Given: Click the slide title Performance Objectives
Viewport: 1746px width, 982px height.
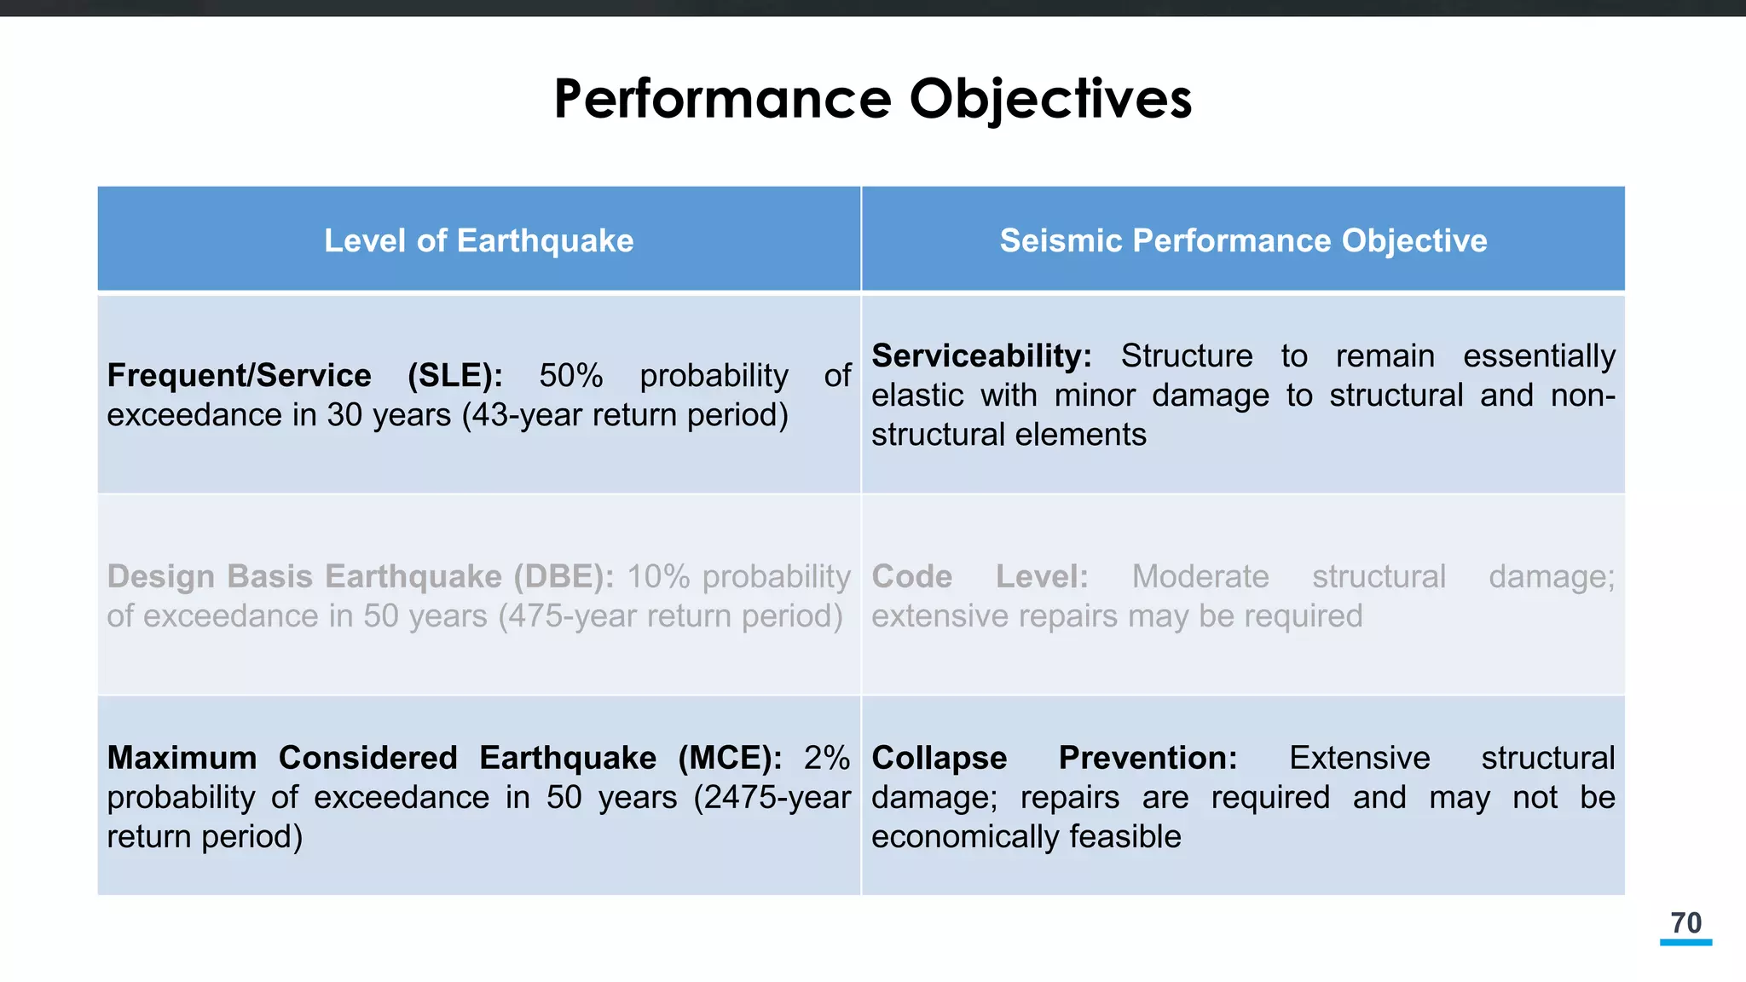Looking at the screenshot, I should (872, 99).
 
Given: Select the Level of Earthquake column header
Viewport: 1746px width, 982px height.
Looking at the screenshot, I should (478, 240).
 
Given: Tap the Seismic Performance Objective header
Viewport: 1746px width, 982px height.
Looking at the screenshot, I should (1242, 240).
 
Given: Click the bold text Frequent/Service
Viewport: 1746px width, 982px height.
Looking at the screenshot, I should (239, 376).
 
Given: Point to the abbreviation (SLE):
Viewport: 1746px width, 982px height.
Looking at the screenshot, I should (454, 376).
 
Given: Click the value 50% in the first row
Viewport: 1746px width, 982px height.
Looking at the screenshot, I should (570, 376).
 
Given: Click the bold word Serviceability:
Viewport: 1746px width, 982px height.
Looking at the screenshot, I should (980, 356).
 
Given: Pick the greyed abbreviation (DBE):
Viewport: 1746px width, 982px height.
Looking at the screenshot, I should (564, 577).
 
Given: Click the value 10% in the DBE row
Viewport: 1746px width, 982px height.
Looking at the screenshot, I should (658, 577).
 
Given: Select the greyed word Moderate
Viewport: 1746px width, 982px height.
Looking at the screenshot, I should (1200, 577).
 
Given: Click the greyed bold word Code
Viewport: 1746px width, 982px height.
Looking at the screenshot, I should (911, 577).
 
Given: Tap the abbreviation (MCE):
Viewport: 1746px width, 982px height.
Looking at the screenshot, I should (730, 758).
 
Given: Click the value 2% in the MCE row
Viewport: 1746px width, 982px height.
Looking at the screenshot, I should (826, 758).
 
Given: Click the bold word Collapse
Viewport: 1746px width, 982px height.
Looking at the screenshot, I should (939, 758).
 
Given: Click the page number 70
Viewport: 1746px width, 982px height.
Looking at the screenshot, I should (1685, 923).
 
